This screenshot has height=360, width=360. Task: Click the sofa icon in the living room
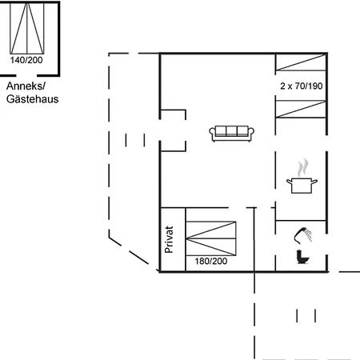[232, 133]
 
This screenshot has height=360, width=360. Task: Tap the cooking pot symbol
[302, 186]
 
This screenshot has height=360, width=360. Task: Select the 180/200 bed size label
[211, 261]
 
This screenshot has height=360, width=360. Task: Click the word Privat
[169, 239]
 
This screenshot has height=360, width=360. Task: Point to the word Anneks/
[26, 86]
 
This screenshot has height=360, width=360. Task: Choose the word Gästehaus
[33, 99]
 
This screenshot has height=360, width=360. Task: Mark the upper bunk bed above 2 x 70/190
[301, 65]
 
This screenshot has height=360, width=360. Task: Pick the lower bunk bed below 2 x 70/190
[301, 110]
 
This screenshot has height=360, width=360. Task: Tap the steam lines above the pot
[302, 168]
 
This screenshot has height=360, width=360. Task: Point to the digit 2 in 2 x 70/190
[282, 85]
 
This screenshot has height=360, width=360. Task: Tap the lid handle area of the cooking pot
[302, 180]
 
